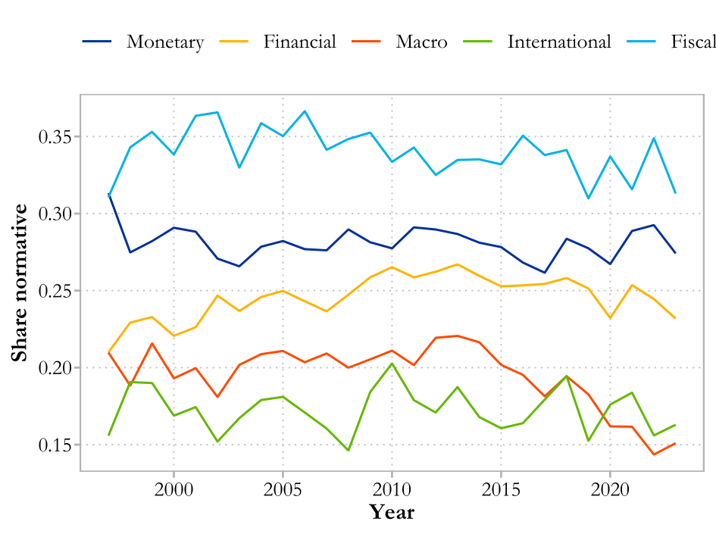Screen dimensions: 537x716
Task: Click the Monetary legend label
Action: pos(165,42)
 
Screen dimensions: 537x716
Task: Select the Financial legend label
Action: pos(299,42)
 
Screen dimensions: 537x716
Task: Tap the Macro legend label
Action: pos(421,42)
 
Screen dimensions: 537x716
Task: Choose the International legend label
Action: pos(559,42)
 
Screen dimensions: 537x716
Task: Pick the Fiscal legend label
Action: pos(693,42)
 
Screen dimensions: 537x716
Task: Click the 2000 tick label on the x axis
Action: pos(174,488)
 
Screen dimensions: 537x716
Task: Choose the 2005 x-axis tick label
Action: pos(283,488)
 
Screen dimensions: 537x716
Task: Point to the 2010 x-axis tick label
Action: pos(392,488)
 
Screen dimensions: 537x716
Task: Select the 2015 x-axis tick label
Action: pos(501,488)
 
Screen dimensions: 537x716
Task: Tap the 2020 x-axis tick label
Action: pos(610,488)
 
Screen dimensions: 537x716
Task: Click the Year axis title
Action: pos(392,513)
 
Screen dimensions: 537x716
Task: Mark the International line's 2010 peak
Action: pos(392,364)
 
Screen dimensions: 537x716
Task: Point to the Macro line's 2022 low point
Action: pos(653,454)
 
